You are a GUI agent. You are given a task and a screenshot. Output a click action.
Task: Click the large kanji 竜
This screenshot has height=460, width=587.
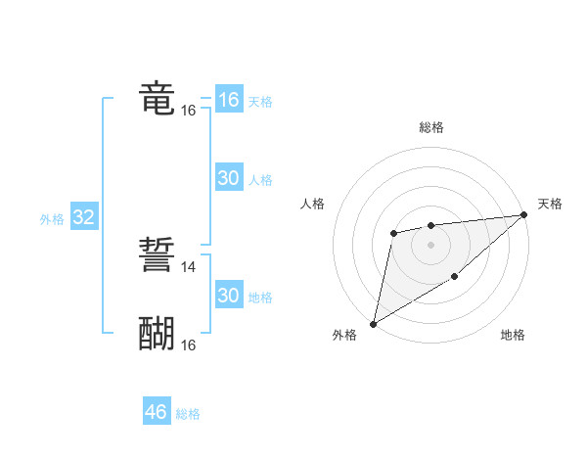click(x=157, y=99)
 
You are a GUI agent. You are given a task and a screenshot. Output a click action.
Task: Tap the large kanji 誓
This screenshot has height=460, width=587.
click(x=157, y=253)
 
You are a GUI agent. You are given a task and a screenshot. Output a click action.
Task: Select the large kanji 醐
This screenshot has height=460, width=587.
click(x=157, y=334)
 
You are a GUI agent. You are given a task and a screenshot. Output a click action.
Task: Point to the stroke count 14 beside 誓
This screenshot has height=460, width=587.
click(x=189, y=266)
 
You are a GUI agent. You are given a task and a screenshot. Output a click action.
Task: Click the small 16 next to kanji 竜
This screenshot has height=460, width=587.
click(x=189, y=112)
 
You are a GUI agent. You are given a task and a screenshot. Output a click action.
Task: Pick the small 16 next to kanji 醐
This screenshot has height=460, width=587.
click(x=189, y=345)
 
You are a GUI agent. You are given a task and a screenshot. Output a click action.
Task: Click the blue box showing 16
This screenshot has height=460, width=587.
click(x=228, y=100)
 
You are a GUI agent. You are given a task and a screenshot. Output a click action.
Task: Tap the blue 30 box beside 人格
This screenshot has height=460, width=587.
click(x=228, y=178)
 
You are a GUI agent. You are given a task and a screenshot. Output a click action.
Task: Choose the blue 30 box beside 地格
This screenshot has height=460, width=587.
click(x=228, y=296)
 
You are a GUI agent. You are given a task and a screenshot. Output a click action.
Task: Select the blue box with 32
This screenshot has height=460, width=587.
click(x=83, y=217)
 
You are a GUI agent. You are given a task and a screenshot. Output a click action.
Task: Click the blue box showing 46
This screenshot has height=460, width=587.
click(x=156, y=412)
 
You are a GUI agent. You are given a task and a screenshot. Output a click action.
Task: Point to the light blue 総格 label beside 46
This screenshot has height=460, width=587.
click(x=188, y=414)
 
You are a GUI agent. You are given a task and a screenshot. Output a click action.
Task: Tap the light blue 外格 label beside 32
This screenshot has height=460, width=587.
click(x=52, y=219)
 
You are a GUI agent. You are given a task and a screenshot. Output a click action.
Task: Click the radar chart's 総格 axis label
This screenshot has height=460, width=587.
click(x=431, y=127)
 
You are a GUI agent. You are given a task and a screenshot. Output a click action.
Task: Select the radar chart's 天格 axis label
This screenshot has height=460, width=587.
click(x=550, y=204)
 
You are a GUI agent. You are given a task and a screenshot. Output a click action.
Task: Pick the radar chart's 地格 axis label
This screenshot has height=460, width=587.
click(x=513, y=336)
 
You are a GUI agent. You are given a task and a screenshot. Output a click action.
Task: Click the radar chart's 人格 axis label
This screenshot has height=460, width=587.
click(x=313, y=204)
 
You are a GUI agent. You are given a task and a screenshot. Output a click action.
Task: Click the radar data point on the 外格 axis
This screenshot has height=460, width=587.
click(x=373, y=323)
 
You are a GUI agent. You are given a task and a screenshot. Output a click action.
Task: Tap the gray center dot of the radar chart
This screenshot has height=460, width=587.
click(x=430, y=244)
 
